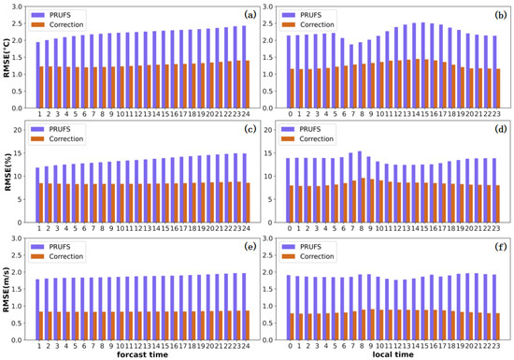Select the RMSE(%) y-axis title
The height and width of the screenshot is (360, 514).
[x=8, y=170]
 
